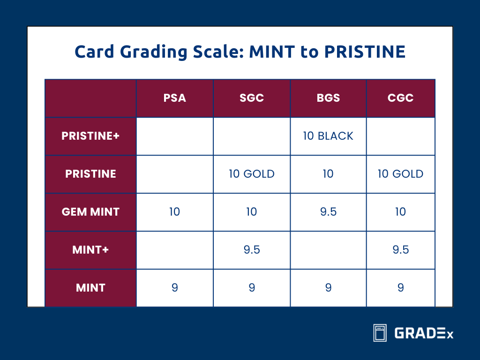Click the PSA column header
174,98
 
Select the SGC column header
252,98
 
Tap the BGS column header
328,98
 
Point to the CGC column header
400,98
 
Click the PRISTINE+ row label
90,136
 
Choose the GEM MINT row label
90,212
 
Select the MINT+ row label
90,250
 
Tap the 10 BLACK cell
328,136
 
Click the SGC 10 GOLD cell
252,174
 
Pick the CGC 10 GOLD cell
400,174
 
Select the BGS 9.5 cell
328,212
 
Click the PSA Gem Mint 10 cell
174,212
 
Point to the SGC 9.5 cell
252,250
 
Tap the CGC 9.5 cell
400,250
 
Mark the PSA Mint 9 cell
174,288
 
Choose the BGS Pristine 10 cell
328,174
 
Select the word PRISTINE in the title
365,52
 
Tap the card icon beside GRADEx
380,333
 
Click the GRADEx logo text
424,333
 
